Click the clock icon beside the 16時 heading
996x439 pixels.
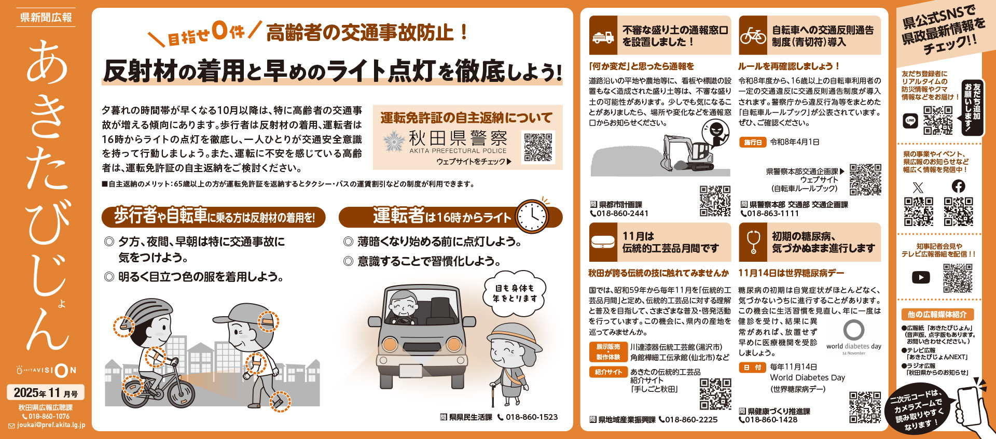tap(532, 216)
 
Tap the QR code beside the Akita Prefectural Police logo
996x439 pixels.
tap(539, 148)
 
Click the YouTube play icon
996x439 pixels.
tap(921, 278)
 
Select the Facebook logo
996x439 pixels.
tap(959, 186)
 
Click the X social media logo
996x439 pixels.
tap(918, 187)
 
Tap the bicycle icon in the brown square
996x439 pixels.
tap(753, 36)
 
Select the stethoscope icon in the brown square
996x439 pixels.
tap(753, 243)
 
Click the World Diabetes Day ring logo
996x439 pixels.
tap(854, 330)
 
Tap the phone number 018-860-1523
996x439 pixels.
tap(532, 417)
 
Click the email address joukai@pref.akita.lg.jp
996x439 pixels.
tap(51, 425)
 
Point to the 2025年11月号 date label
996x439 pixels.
tap(46, 393)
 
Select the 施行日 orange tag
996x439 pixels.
tap(753, 142)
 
